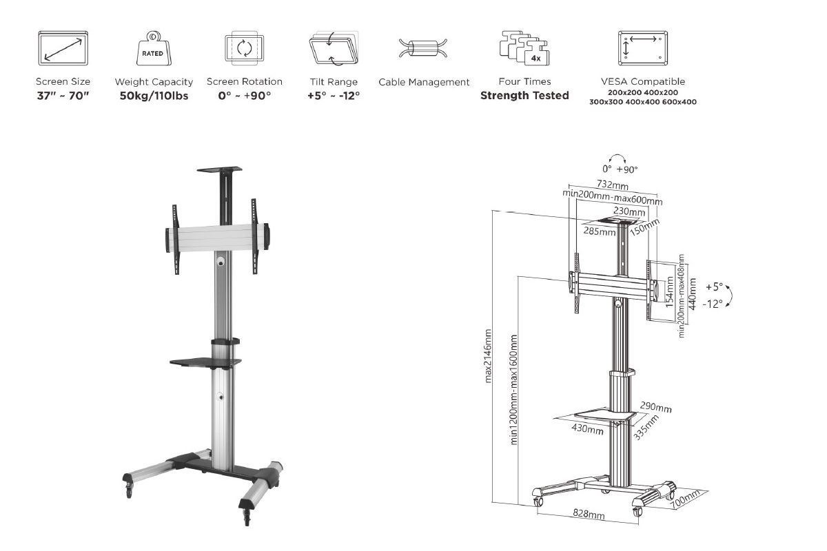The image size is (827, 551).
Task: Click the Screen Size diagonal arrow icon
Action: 63,48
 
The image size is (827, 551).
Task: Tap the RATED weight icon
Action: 154,48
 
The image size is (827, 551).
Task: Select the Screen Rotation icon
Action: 245,48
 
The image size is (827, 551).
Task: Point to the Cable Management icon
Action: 423,48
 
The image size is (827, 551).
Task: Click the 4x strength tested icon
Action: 524,48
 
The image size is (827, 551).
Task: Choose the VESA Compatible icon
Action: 643,48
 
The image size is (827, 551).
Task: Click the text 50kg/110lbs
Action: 154,96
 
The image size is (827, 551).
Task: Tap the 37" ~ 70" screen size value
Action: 63,96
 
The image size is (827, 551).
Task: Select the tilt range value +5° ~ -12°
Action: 334,96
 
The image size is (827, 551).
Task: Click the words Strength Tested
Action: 524,96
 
